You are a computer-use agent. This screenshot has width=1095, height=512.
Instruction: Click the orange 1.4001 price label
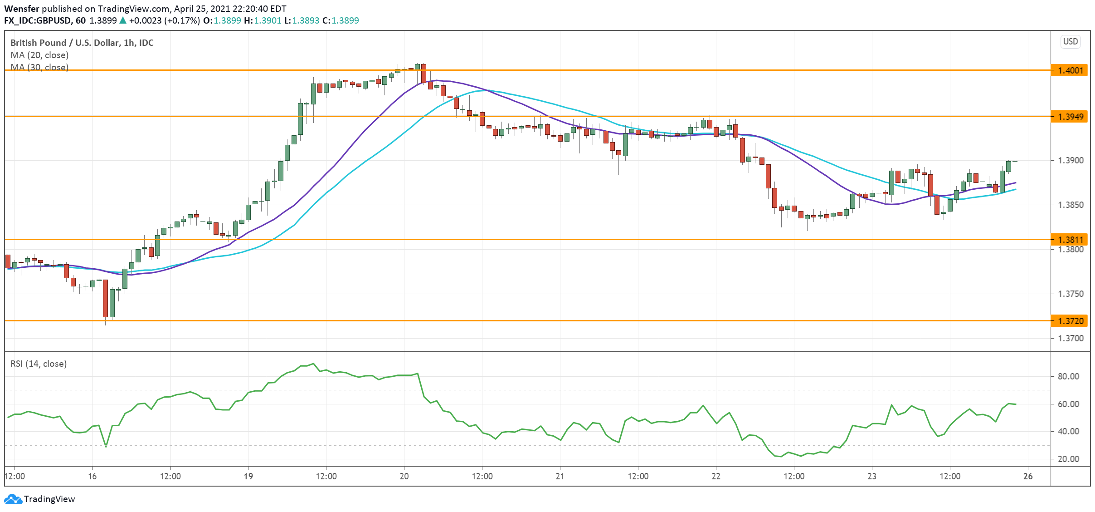tap(1070, 70)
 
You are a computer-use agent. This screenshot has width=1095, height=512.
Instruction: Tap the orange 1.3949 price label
tap(1070, 117)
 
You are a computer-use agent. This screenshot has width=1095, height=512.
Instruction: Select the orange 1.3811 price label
tap(1070, 239)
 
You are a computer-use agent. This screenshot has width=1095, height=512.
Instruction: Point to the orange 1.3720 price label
tap(1070, 321)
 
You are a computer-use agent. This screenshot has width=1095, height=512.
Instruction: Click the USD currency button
tap(1071, 41)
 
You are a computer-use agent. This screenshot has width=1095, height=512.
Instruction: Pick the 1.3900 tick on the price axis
tap(1071, 160)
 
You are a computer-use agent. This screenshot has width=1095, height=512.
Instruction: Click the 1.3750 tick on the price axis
tap(1071, 294)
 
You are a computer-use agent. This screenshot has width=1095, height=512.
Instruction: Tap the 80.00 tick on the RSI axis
tap(1068, 376)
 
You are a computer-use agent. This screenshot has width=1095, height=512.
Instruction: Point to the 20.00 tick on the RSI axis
tap(1068, 459)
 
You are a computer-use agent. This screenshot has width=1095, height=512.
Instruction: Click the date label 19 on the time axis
tap(248, 476)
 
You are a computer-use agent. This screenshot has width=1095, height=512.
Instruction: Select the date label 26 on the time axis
tap(1028, 476)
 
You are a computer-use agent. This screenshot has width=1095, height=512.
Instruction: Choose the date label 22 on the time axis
tap(716, 476)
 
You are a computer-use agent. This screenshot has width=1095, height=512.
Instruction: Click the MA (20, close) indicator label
tap(39, 55)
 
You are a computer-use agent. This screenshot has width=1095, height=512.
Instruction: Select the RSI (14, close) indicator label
tap(39, 364)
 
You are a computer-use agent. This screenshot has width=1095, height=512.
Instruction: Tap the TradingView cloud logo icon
tap(13, 499)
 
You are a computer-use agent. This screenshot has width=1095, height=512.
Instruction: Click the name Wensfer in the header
tap(21, 9)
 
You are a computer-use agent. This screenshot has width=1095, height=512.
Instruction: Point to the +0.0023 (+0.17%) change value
tap(164, 20)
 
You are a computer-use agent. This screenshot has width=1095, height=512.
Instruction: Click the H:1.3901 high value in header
tap(263, 20)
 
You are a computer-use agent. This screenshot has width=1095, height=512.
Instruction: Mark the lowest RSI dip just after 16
tap(106, 447)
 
